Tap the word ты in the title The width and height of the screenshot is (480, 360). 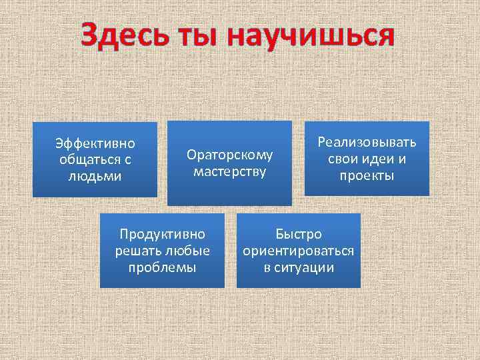tap(199, 36)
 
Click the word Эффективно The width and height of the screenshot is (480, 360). tap(95, 143)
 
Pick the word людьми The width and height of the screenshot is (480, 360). tap(95, 175)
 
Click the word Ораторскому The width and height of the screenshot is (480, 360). tap(229, 155)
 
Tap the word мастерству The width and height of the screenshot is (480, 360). tap(229, 172)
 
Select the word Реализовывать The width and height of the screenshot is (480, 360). tap(367, 142)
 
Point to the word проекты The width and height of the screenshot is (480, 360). tap(367, 175)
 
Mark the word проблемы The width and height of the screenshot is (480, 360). tap(162, 267)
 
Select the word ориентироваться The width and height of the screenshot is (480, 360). tap(299, 251)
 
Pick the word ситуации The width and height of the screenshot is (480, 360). tap(305, 267)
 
